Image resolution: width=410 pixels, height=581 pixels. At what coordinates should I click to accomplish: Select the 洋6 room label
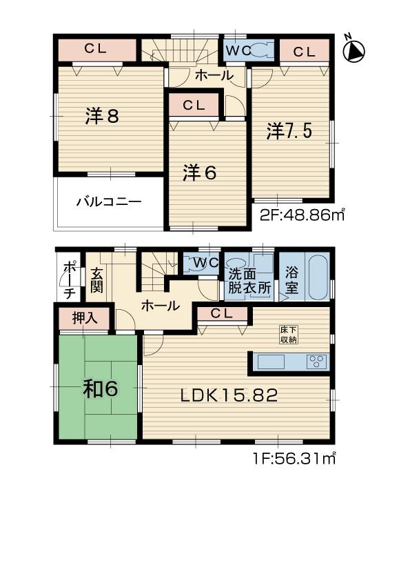click(200, 173)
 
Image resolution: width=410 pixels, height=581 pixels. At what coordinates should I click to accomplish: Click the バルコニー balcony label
click(109, 202)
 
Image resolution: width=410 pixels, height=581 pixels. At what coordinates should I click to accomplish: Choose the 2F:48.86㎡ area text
click(302, 215)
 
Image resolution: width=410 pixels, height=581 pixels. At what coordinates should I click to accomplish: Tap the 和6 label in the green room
click(101, 389)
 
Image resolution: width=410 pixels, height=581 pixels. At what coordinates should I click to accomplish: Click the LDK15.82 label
click(229, 395)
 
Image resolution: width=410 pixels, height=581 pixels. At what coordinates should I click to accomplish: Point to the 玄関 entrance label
click(96, 279)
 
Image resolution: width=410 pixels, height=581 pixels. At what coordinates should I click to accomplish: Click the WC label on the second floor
click(236, 50)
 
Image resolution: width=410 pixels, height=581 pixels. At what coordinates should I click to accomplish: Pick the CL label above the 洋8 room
click(96, 49)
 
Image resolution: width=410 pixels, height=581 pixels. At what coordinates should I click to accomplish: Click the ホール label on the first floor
click(161, 305)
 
